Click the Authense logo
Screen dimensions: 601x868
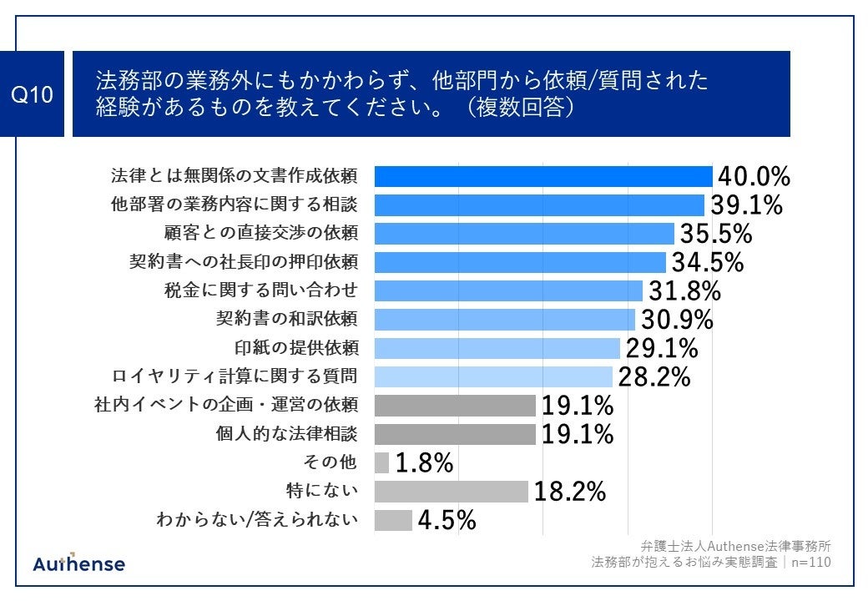coord(79,563)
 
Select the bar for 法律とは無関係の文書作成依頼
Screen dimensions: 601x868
coord(542,176)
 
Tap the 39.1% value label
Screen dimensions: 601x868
coord(746,205)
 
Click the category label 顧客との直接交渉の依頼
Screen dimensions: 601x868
coord(261,234)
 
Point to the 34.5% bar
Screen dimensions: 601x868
coord(519,262)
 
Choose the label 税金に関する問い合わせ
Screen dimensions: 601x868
coord(261,290)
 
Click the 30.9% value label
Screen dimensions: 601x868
coord(677,320)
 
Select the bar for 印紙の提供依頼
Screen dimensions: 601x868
coord(497,348)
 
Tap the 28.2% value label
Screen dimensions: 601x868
coord(654,377)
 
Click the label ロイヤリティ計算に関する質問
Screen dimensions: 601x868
coord(235,376)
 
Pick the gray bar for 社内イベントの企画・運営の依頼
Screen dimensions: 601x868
coord(455,406)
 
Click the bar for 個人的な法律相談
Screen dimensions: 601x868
coord(455,434)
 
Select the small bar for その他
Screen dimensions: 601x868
coord(382,462)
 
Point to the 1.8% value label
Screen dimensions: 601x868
coord(424,463)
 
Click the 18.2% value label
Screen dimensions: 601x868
coord(569,492)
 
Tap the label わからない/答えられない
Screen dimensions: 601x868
coord(257,520)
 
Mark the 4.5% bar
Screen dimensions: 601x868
coord(393,520)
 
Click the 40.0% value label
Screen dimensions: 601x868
coord(754,177)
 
